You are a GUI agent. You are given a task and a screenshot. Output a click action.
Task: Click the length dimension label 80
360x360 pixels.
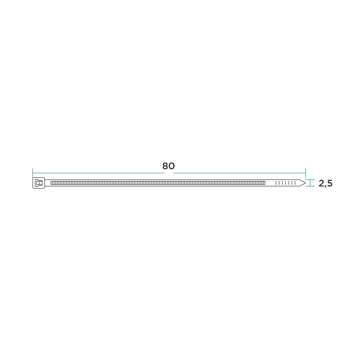coord(168,166)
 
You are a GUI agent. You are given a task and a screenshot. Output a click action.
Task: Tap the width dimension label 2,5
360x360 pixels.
coord(325,184)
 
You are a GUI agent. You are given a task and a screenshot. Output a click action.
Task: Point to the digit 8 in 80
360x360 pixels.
coord(165,166)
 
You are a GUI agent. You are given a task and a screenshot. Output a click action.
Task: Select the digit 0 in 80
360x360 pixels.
coord(172,166)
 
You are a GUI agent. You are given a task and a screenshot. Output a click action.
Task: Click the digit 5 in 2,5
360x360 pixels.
coord(330,184)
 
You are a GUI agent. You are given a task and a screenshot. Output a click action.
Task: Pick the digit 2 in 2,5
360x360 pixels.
coord(321,184)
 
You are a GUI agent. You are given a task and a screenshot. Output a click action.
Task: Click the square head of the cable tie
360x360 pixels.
coord(39,183)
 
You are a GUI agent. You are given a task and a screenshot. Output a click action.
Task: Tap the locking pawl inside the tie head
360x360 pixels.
coord(39,183)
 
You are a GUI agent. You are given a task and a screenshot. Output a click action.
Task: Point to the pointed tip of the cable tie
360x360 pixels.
coord(306,183)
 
